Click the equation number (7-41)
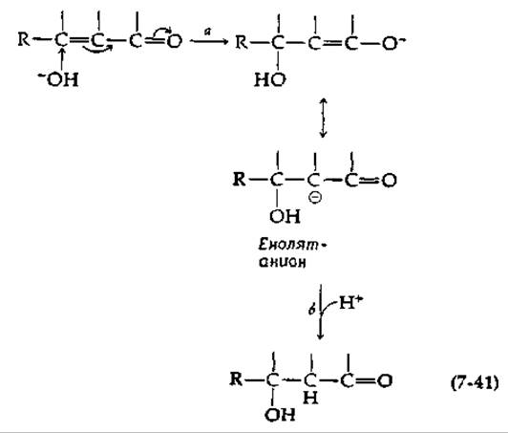[x=475, y=383]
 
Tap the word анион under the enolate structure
[x=283, y=262]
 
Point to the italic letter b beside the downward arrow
[x=311, y=310]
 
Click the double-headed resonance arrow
[x=323, y=119]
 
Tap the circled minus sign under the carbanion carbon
[x=315, y=198]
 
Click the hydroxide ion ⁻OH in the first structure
[x=58, y=79]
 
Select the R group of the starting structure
[x=23, y=40]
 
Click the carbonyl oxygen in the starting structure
[x=175, y=41]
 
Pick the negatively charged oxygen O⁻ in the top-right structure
[x=392, y=43]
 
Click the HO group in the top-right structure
[x=270, y=79]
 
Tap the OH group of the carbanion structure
[x=285, y=216]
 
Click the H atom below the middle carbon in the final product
[x=310, y=398]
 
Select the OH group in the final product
[x=280, y=414]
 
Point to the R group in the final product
[x=236, y=379]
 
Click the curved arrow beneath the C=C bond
[x=97, y=49]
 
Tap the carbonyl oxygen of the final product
[x=385, y=380]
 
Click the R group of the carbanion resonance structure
[x=239, y=180]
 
